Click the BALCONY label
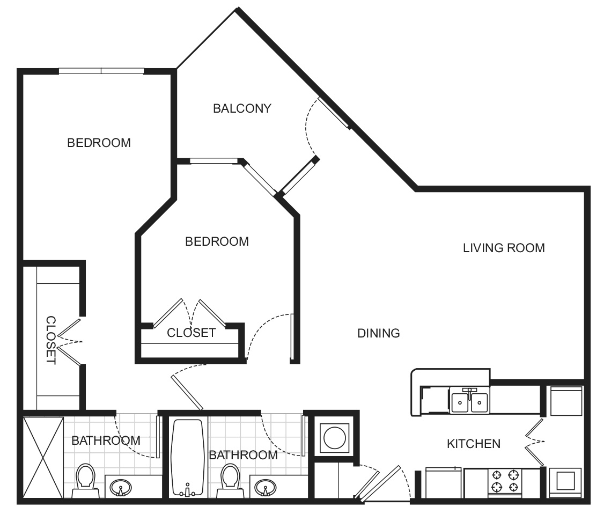point(242,108)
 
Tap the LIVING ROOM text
point(503,248)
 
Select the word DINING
point(379,333)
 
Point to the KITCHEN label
point(474,444)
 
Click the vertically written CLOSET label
point(50,340)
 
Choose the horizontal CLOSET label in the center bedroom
point(191,333)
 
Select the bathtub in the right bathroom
point(187,458)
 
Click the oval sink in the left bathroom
point(120,488)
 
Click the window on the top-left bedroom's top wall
point(101,70)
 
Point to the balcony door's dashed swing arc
point(307,128)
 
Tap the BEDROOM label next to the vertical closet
point(99,143)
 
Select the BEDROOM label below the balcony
point(217,241)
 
